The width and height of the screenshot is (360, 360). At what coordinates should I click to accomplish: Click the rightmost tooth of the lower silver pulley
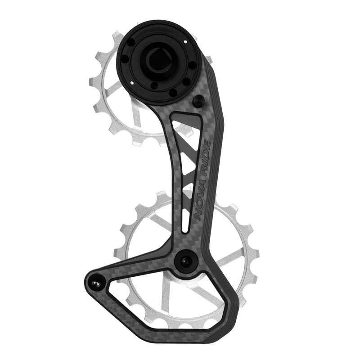(x=250, y=234)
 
